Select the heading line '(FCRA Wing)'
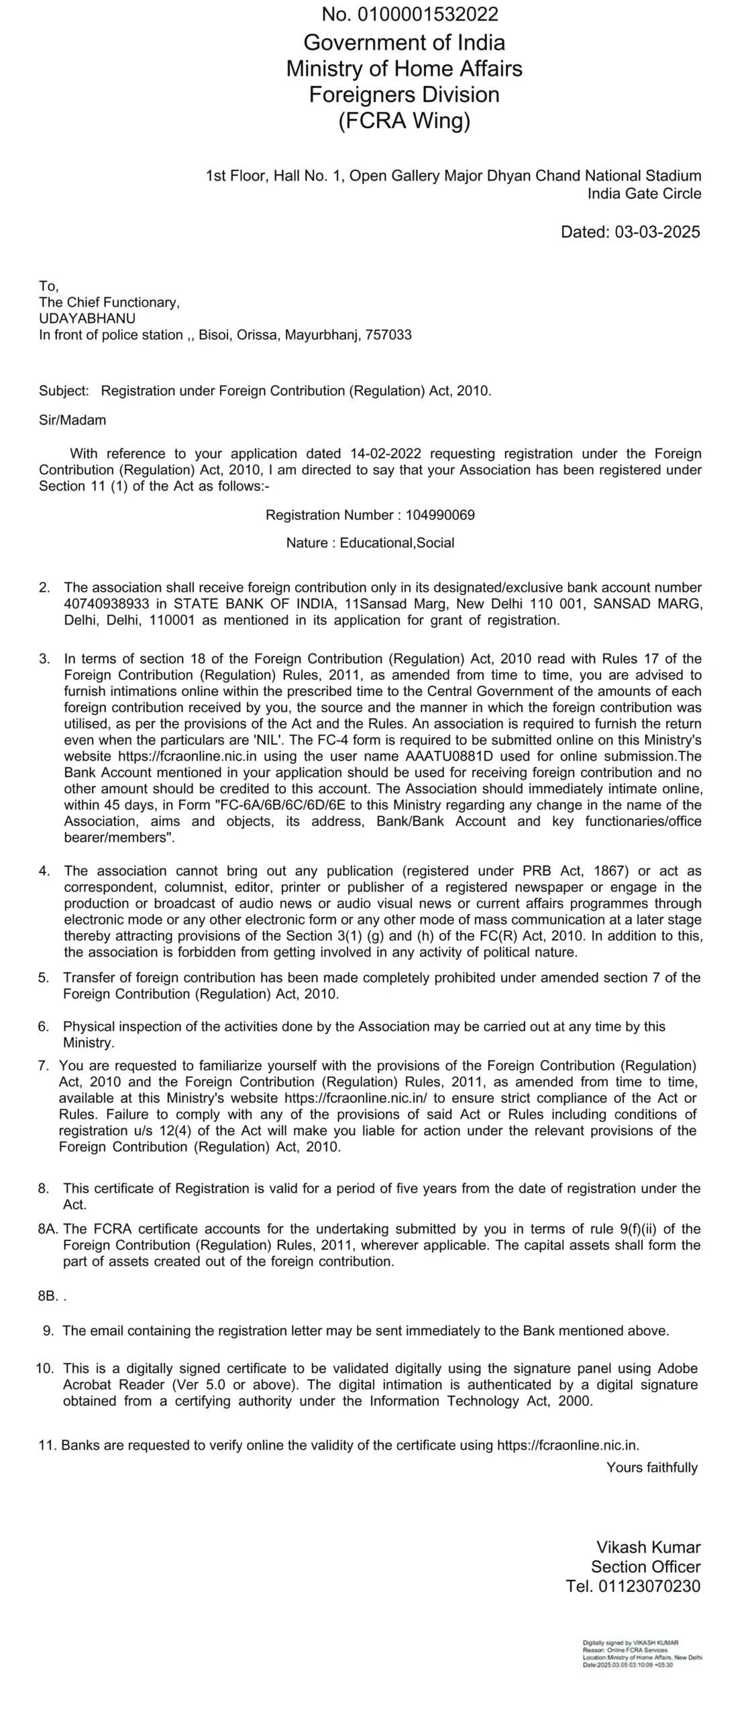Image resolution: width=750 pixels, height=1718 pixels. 404,121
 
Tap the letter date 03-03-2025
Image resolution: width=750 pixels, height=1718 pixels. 657,232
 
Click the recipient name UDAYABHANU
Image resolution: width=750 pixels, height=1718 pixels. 87,319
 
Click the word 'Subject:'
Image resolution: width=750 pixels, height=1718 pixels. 64,391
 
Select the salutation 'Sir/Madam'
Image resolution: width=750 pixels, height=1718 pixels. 72,421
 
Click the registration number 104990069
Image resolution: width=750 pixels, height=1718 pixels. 440,515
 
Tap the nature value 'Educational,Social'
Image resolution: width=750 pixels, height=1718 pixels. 397,543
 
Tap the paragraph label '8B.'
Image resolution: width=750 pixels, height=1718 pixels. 48,1296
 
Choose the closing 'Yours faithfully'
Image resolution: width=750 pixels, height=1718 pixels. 652,1468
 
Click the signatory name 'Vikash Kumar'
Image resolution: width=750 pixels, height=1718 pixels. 649,1548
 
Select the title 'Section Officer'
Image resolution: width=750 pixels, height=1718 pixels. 645,1567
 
